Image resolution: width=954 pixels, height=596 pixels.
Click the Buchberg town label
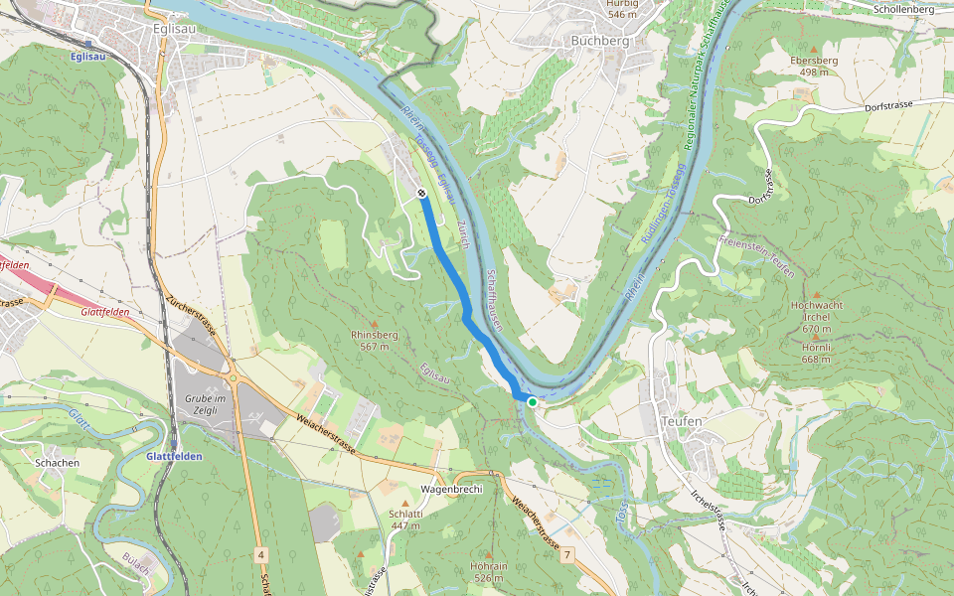click(x=600, y=41)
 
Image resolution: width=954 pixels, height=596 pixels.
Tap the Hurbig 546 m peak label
click(x=621, y=9)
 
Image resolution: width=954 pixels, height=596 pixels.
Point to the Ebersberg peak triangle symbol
click(x=814, y=48)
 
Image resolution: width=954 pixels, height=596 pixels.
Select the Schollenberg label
click(x=903, y=9)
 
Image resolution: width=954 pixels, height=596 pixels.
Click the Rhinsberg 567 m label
click(x=374, y=341)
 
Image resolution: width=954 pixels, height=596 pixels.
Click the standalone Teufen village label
click(x=681, y=421)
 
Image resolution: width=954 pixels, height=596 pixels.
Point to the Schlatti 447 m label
click(x=405, y=520)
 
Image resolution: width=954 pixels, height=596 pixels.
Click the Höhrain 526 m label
click(x=489, y=571)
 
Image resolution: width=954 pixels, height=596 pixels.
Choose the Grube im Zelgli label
click(x=207, y=404)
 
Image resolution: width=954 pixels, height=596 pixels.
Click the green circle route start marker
click(x=533, y=401)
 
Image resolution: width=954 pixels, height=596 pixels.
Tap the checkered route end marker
click(x=422, y=193)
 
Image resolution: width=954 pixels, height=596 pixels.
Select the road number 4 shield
click(x=260, y=552)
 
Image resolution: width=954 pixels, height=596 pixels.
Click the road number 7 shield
click(x=567, y=551)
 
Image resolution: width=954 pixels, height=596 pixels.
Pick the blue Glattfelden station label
click(x=174, y=456)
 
